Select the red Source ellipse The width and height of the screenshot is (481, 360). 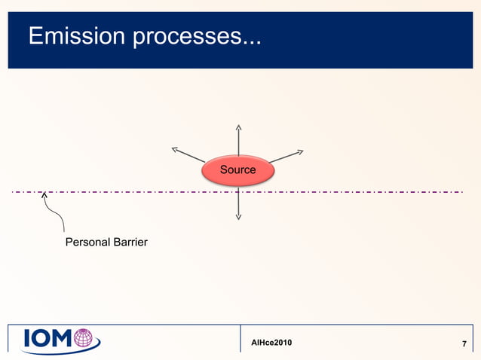pyautogui.click(x=238, y=170)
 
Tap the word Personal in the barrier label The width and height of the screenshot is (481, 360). pyautogui.click(x=87, y=243)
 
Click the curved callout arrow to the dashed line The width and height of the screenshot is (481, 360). pyautogui.click(x=55, y=215)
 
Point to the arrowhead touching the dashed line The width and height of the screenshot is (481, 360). pyautogui.click(x=45, y=195)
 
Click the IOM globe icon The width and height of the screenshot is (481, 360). pyautogui.click(x=87, y=338)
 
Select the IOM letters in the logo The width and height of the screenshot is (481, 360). pyautogui.click(x=48, y=340)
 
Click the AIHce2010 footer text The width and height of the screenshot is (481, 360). pyautogui.click(x=272, y=343)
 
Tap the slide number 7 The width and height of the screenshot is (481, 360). pyautogui.click(x=464, y=345)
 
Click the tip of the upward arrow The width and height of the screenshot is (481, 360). pyautogui.click(x=238, y=125)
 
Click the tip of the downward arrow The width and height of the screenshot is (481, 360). pyautogui.click(x=238, y=219)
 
